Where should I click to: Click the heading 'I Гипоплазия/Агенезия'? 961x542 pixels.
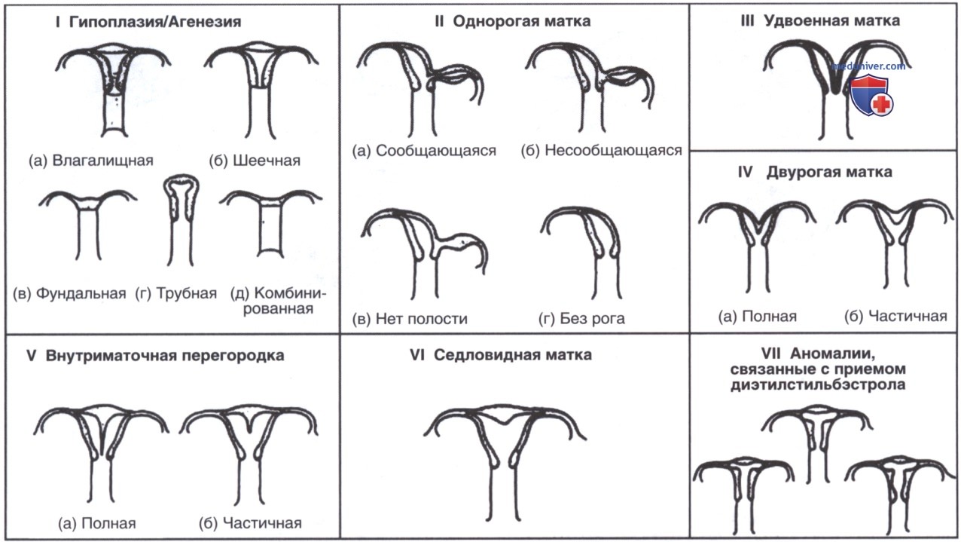[148, 21]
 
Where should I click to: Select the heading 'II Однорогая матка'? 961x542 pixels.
[513, 20]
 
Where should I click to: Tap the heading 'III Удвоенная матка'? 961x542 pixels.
[820, 20]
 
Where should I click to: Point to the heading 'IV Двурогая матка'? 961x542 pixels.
[815, 172]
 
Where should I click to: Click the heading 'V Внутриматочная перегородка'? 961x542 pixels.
[155, 356]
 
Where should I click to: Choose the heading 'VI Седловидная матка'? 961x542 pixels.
[501, 355]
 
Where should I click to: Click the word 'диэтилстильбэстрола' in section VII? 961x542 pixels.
[818, 384]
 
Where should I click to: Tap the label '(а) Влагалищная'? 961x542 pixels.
[91, 161]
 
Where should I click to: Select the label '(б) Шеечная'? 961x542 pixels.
[255, 161]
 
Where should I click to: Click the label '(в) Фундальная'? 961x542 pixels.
[69, 294]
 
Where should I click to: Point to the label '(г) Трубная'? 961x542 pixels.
[176, 294]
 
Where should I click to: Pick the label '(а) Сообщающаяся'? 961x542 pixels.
[424, 151]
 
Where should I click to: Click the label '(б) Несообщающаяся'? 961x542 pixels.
[602, 150]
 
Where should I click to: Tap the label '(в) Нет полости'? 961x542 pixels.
[410, 319]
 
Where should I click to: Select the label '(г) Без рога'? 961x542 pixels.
[581, 319]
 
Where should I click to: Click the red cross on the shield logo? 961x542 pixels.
[882, 104]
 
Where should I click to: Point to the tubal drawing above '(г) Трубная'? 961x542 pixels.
[181, 219]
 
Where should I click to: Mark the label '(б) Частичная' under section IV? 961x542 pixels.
[895, 316]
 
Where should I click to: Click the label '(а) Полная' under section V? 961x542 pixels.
[97, 524]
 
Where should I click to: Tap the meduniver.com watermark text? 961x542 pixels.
[868, 66]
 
